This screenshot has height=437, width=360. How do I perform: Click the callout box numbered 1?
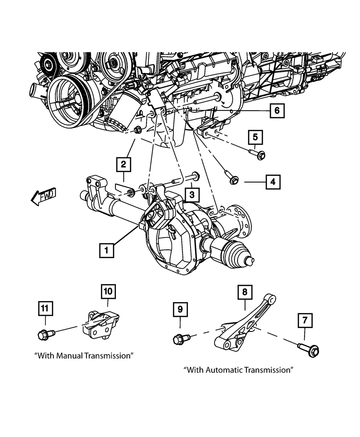107,250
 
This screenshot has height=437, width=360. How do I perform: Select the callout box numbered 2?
123,165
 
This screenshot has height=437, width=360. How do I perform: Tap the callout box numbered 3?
192,195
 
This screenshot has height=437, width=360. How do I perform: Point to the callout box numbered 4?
273,182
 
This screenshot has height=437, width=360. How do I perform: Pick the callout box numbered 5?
255,137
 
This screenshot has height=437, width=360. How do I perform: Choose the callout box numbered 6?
277,111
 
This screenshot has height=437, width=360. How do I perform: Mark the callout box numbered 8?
245,292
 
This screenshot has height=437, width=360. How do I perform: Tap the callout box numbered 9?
180,309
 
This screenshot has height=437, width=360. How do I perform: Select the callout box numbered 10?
108,291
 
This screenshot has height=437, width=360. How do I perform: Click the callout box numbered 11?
45,308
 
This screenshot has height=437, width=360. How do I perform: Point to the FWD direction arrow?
43,196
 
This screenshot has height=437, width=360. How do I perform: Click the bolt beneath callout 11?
46,334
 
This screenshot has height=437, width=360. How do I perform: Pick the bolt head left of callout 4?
234,180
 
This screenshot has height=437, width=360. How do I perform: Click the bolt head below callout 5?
261,156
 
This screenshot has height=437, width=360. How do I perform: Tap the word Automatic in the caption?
224,370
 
